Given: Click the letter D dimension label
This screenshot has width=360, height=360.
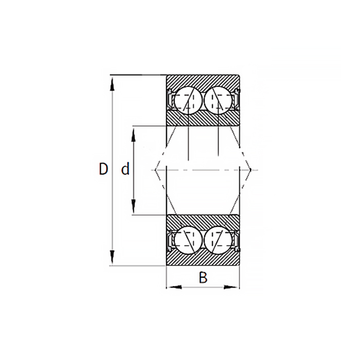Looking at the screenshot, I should point(103,169).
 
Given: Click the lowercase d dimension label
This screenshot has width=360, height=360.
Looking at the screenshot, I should point(125,169).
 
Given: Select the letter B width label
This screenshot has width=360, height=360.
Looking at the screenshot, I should point(203,278).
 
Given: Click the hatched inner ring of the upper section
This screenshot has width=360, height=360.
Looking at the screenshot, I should point(203,118).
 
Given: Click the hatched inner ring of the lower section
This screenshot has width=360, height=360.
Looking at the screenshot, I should point(203,221).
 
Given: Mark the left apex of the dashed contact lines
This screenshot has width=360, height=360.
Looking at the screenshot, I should point(155,169).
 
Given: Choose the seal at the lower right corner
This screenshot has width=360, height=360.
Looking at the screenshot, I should point(237,240).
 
